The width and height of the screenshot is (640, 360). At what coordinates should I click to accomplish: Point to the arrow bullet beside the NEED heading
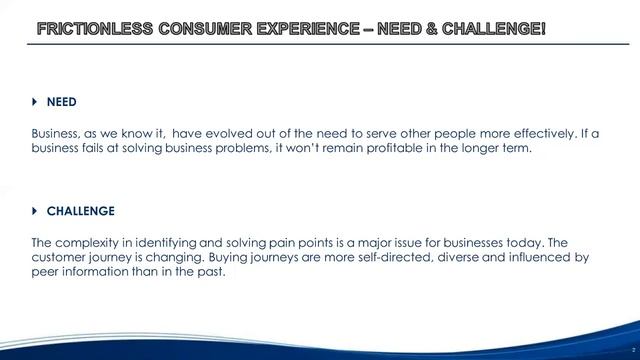coord(35,102)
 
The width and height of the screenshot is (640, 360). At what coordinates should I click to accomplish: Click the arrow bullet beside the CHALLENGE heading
coord(35,211)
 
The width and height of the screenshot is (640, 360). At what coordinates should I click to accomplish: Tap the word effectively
coord(520,134)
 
